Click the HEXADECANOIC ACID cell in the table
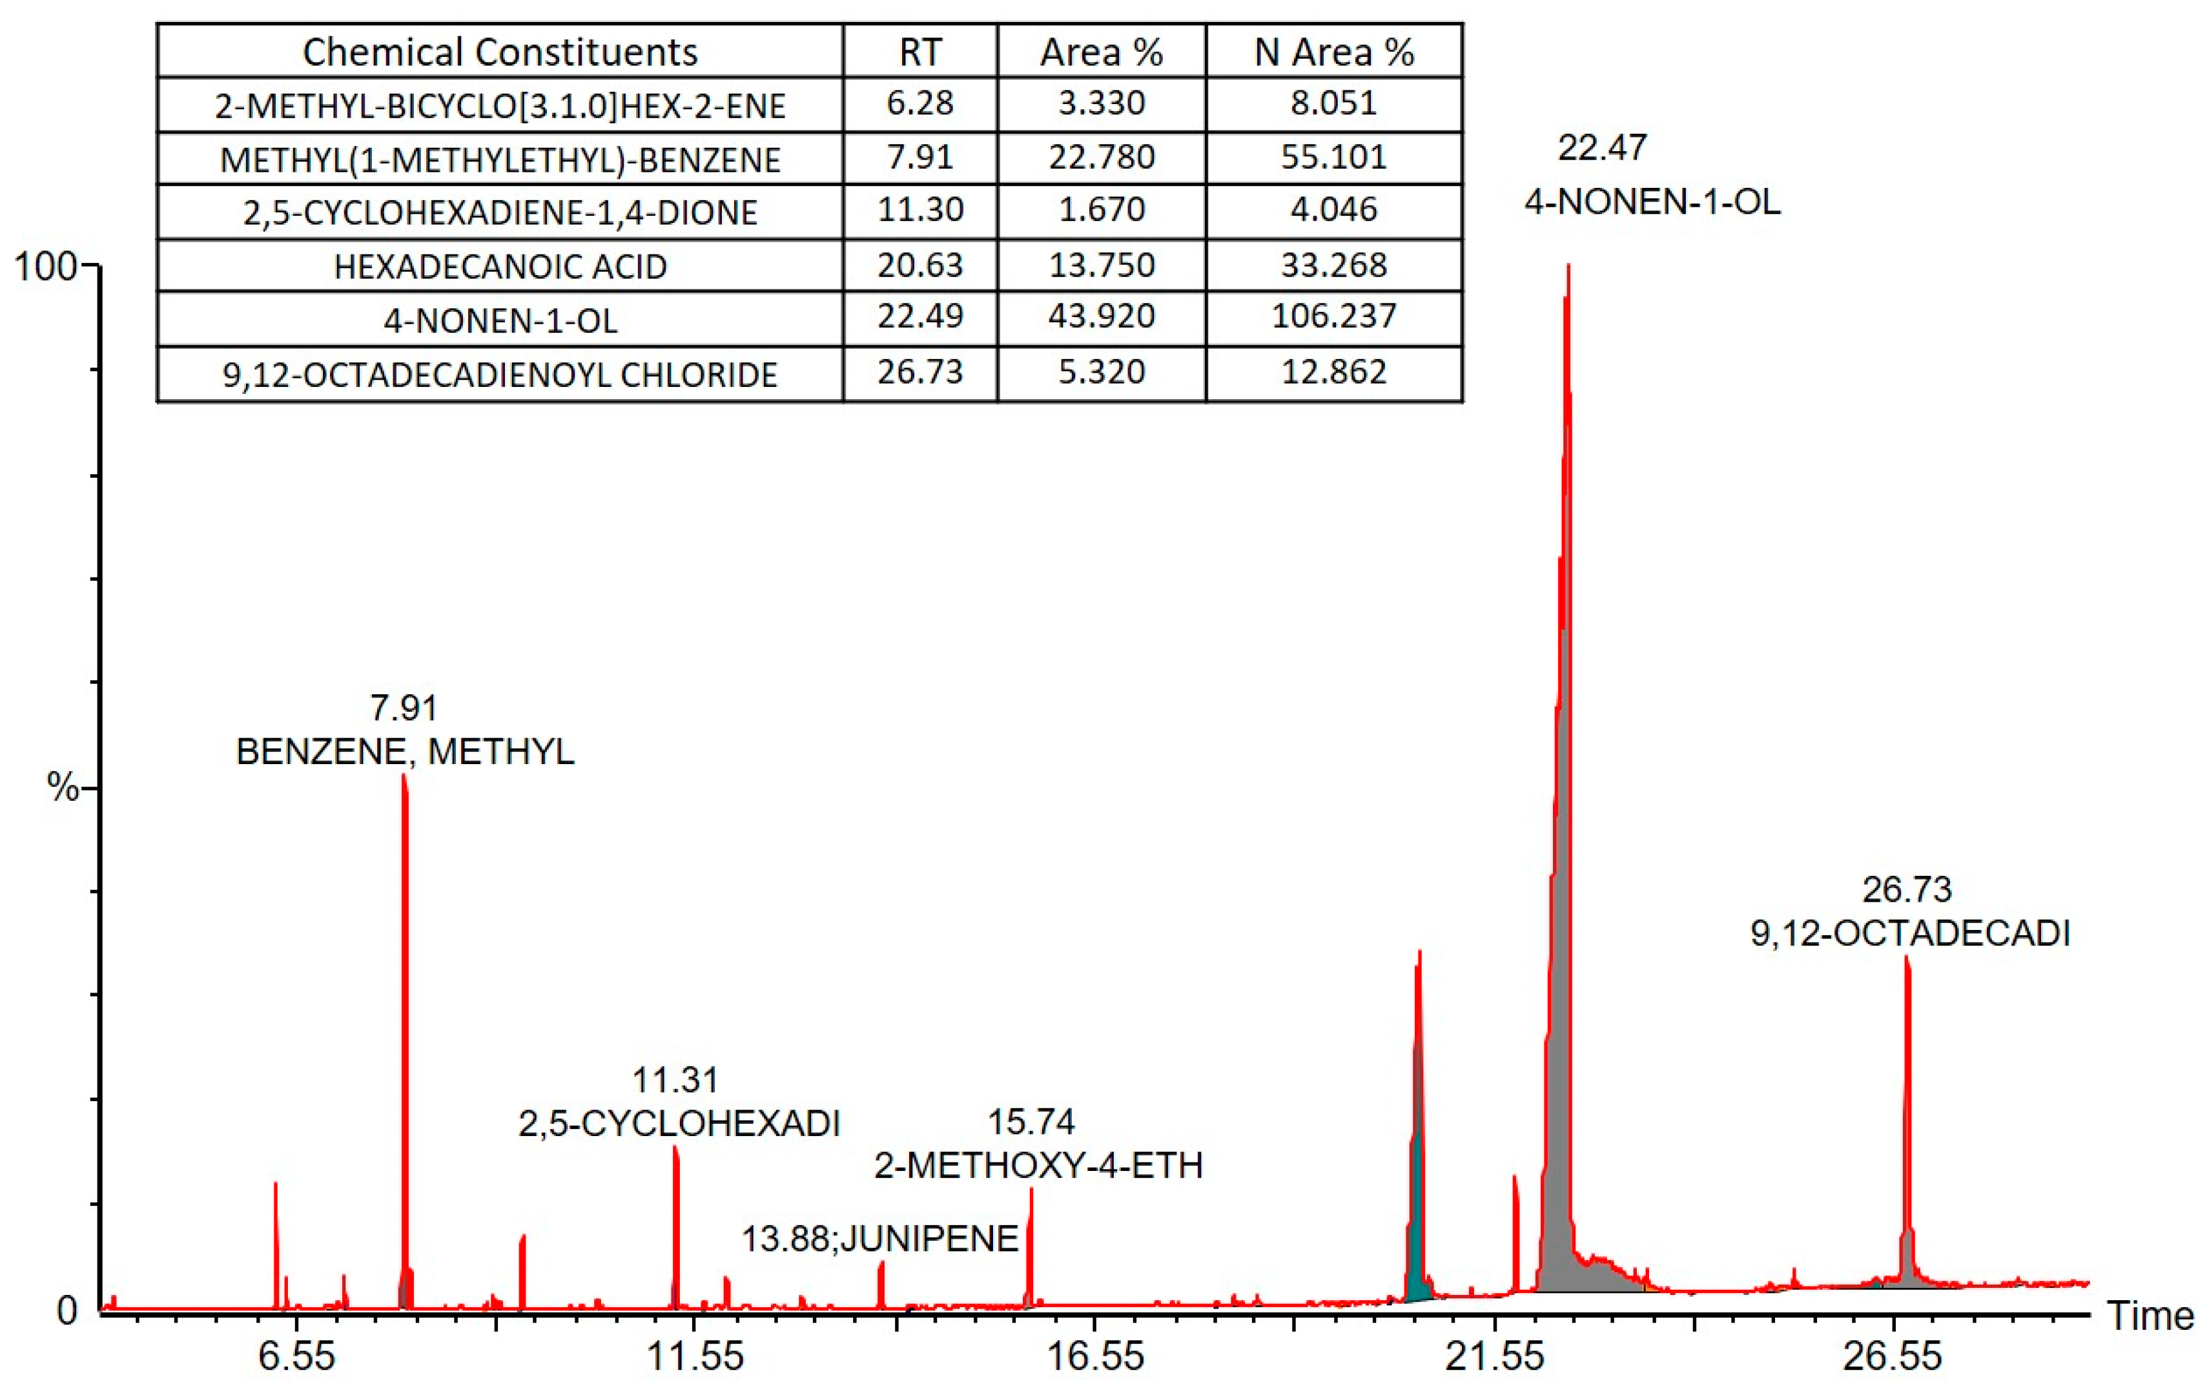coord(500,266)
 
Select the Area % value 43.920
coord(1101,316)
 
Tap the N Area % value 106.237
coord(1333,316)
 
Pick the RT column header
coord(919,52)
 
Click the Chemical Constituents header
coord(500,52)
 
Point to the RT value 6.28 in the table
coord(919,103)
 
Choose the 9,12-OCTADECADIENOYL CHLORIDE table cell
coord(500,374)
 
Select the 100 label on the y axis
coord(44,267)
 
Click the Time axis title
coord(2150,1316)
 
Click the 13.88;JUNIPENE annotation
coord(879,1238)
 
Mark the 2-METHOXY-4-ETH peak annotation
coord(1038,1165)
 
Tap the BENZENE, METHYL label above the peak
coord(405,752)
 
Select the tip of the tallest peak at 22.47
coord(1568,266)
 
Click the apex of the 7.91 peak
coord(404,776)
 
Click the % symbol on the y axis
coord(63,787)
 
